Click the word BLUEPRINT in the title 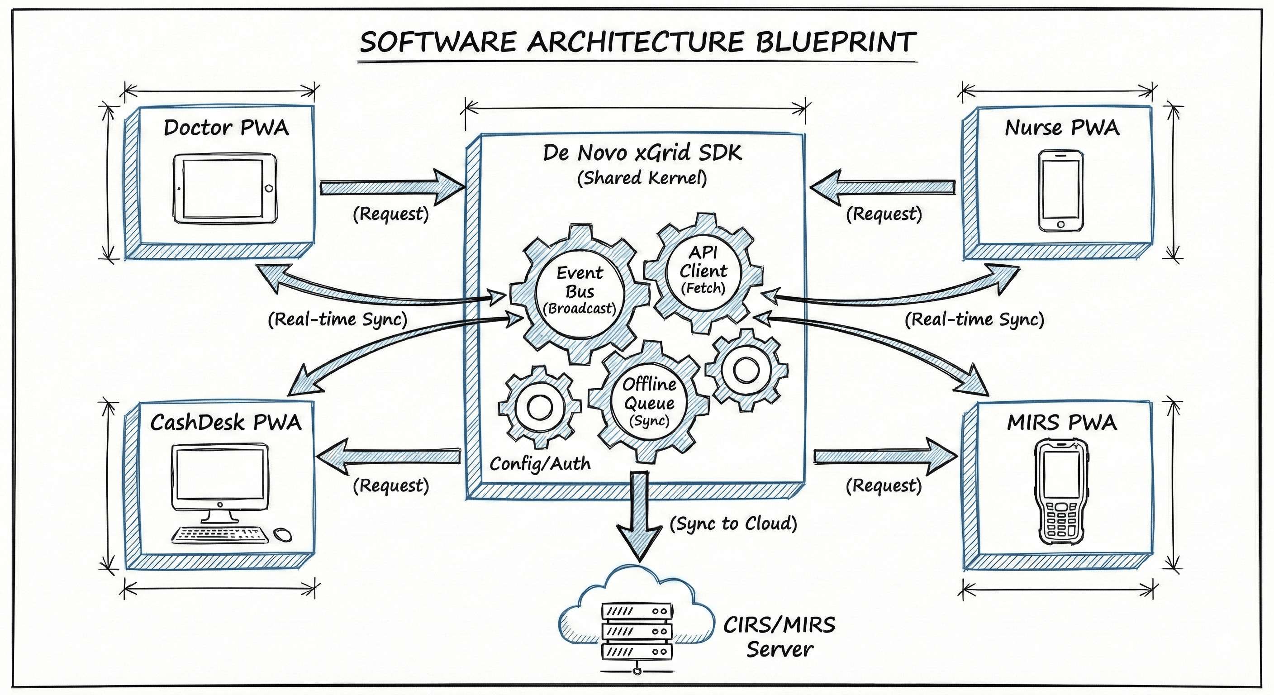(835, 42)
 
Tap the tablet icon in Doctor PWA (225, 189)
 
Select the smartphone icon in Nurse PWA (1060, 191)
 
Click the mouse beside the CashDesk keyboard (282, 534)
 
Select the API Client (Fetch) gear (703, 271)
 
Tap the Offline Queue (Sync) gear (649, 402)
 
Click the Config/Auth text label (540, 463)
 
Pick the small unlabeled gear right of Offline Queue (746, 370)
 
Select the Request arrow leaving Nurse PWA (883, 187)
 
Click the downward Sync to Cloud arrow (638, 517)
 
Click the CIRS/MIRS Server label (780, 637)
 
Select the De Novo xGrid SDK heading (642, 152)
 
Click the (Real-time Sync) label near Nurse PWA (974, 319)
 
